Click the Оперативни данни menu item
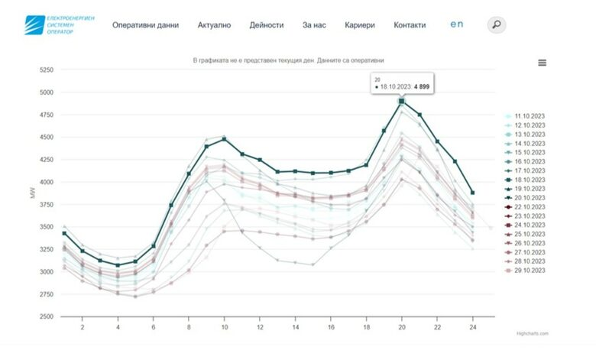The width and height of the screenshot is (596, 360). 145,25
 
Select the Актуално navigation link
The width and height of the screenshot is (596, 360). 214,25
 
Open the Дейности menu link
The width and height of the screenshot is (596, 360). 266,25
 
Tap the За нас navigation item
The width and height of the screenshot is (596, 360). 314,25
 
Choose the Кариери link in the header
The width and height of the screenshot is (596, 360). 360,25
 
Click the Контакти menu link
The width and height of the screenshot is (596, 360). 410,25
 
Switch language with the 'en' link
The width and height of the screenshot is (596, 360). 457,24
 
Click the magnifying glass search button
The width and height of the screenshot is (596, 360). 497,25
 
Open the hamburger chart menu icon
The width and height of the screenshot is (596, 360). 542,63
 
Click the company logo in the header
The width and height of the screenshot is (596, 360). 59,25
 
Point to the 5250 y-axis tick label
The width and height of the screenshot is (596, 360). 46,70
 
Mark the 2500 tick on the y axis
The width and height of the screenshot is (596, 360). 46,316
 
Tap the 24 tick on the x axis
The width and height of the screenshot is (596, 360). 473,326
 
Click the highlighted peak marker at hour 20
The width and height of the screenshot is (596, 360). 401,101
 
